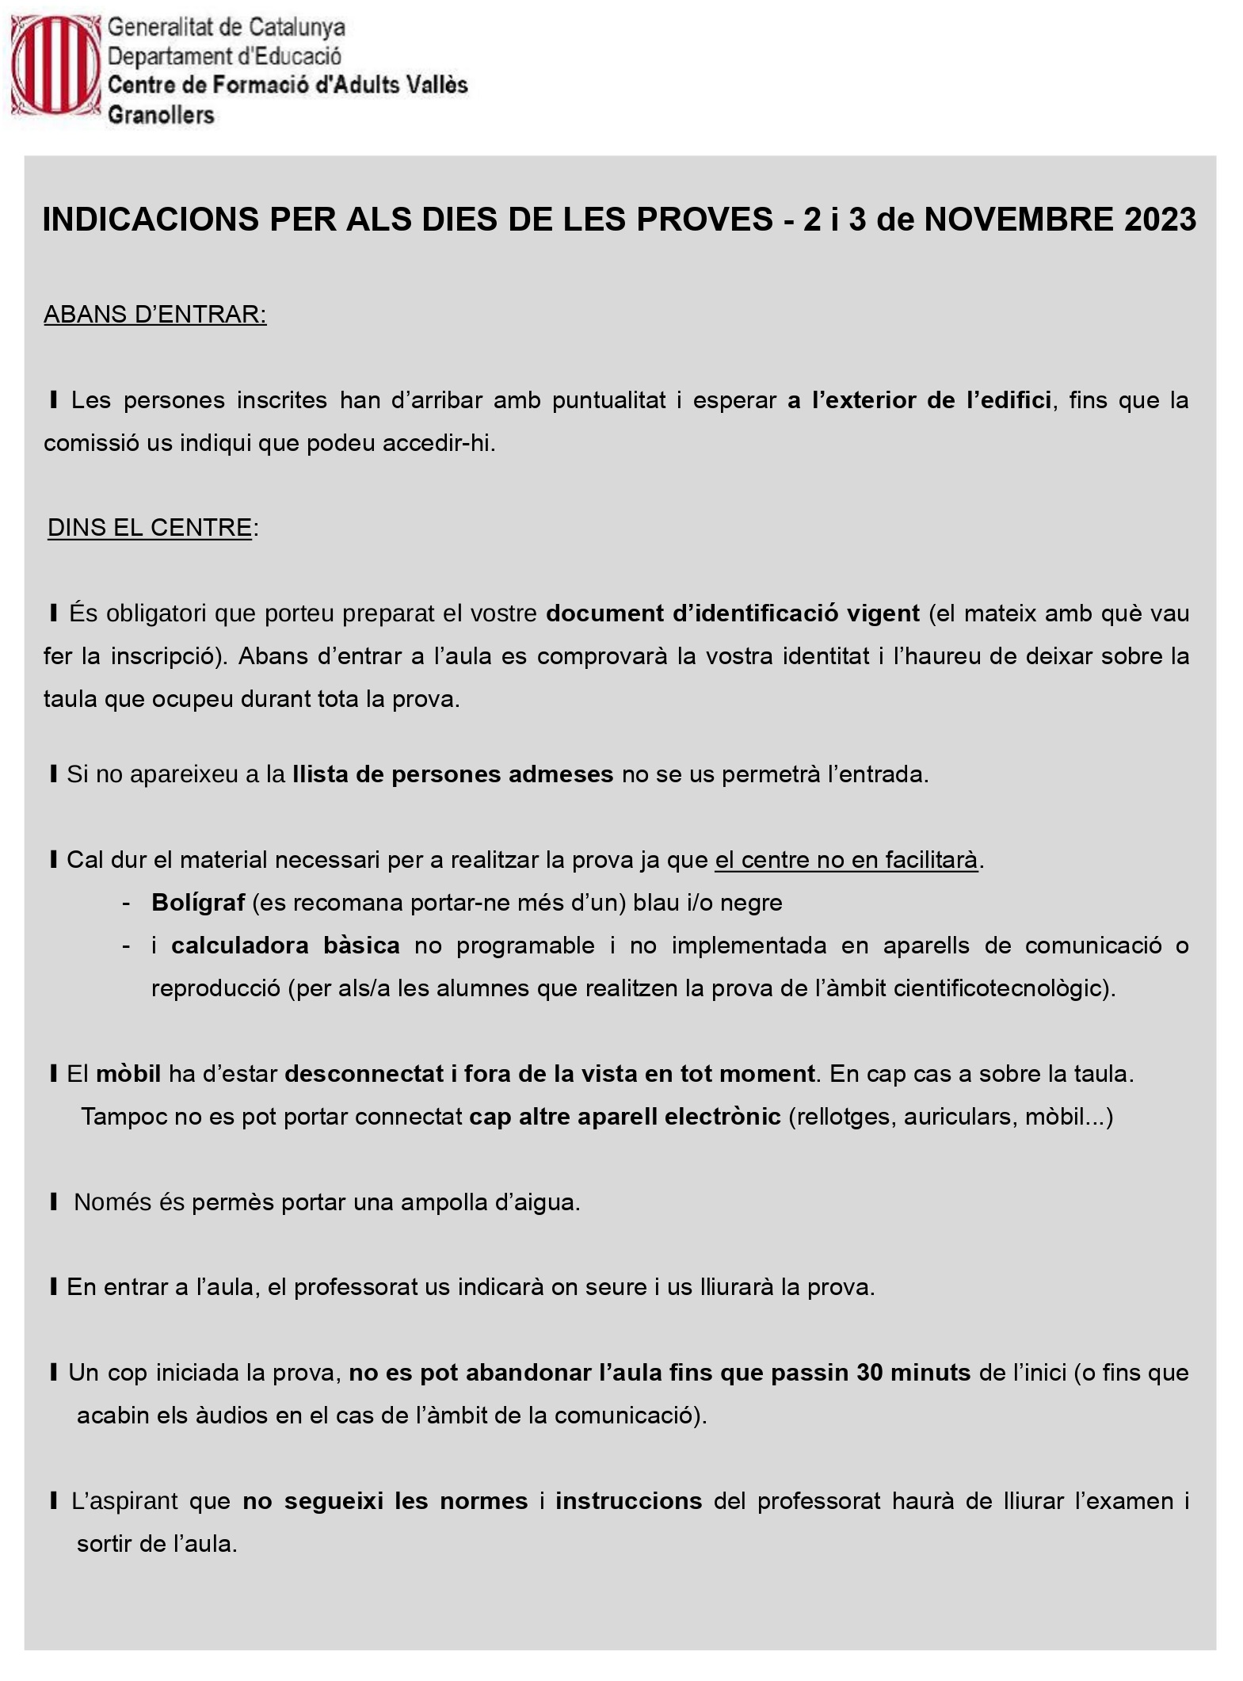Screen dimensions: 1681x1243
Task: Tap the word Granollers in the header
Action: point(161,116)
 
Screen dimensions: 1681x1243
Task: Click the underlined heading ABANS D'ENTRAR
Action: point(155,315)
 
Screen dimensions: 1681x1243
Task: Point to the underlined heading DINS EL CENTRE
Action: point(150,528)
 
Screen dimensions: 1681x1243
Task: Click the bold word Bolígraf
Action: point(198,903)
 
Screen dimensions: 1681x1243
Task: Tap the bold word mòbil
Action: point(128,1074)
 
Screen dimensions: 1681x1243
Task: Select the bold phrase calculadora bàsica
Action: point(285,946)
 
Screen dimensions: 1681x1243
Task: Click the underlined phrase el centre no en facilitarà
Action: point(847,860)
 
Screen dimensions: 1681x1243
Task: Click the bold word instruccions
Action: point(628,1501)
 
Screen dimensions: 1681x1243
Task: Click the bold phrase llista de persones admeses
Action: point(453,774)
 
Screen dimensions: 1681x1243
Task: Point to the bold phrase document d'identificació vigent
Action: point(733,613)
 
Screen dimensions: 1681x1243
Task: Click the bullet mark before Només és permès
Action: point(54,1202)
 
